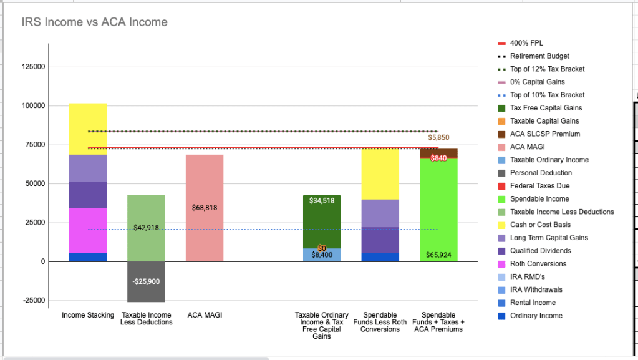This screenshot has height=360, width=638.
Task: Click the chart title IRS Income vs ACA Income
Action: (94, 22)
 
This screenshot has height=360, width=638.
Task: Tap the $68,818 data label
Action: (205, 207)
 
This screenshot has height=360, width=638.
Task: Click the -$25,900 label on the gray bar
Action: (146, 281)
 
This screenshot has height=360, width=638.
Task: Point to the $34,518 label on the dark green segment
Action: (322, 201)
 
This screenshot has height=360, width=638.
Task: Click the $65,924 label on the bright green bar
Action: (438, 255)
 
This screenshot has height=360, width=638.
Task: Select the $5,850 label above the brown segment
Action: (438, 137)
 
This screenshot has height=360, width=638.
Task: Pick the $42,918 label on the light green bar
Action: (146, 228)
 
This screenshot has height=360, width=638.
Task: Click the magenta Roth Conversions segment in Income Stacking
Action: (88, 230)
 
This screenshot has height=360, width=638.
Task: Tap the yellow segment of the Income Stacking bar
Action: (88, 129)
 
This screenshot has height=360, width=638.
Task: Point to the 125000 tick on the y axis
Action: (34, 67)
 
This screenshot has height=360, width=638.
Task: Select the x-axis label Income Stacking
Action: (88, 315)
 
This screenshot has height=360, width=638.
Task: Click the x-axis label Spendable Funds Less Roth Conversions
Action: (380, 322)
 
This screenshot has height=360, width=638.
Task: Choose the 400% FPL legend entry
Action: (526, 43)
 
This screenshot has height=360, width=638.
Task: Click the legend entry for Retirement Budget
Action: (539, 56)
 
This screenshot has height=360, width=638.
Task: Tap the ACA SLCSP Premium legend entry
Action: (544, 134)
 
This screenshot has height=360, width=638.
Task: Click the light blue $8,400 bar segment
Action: (322, 255)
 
